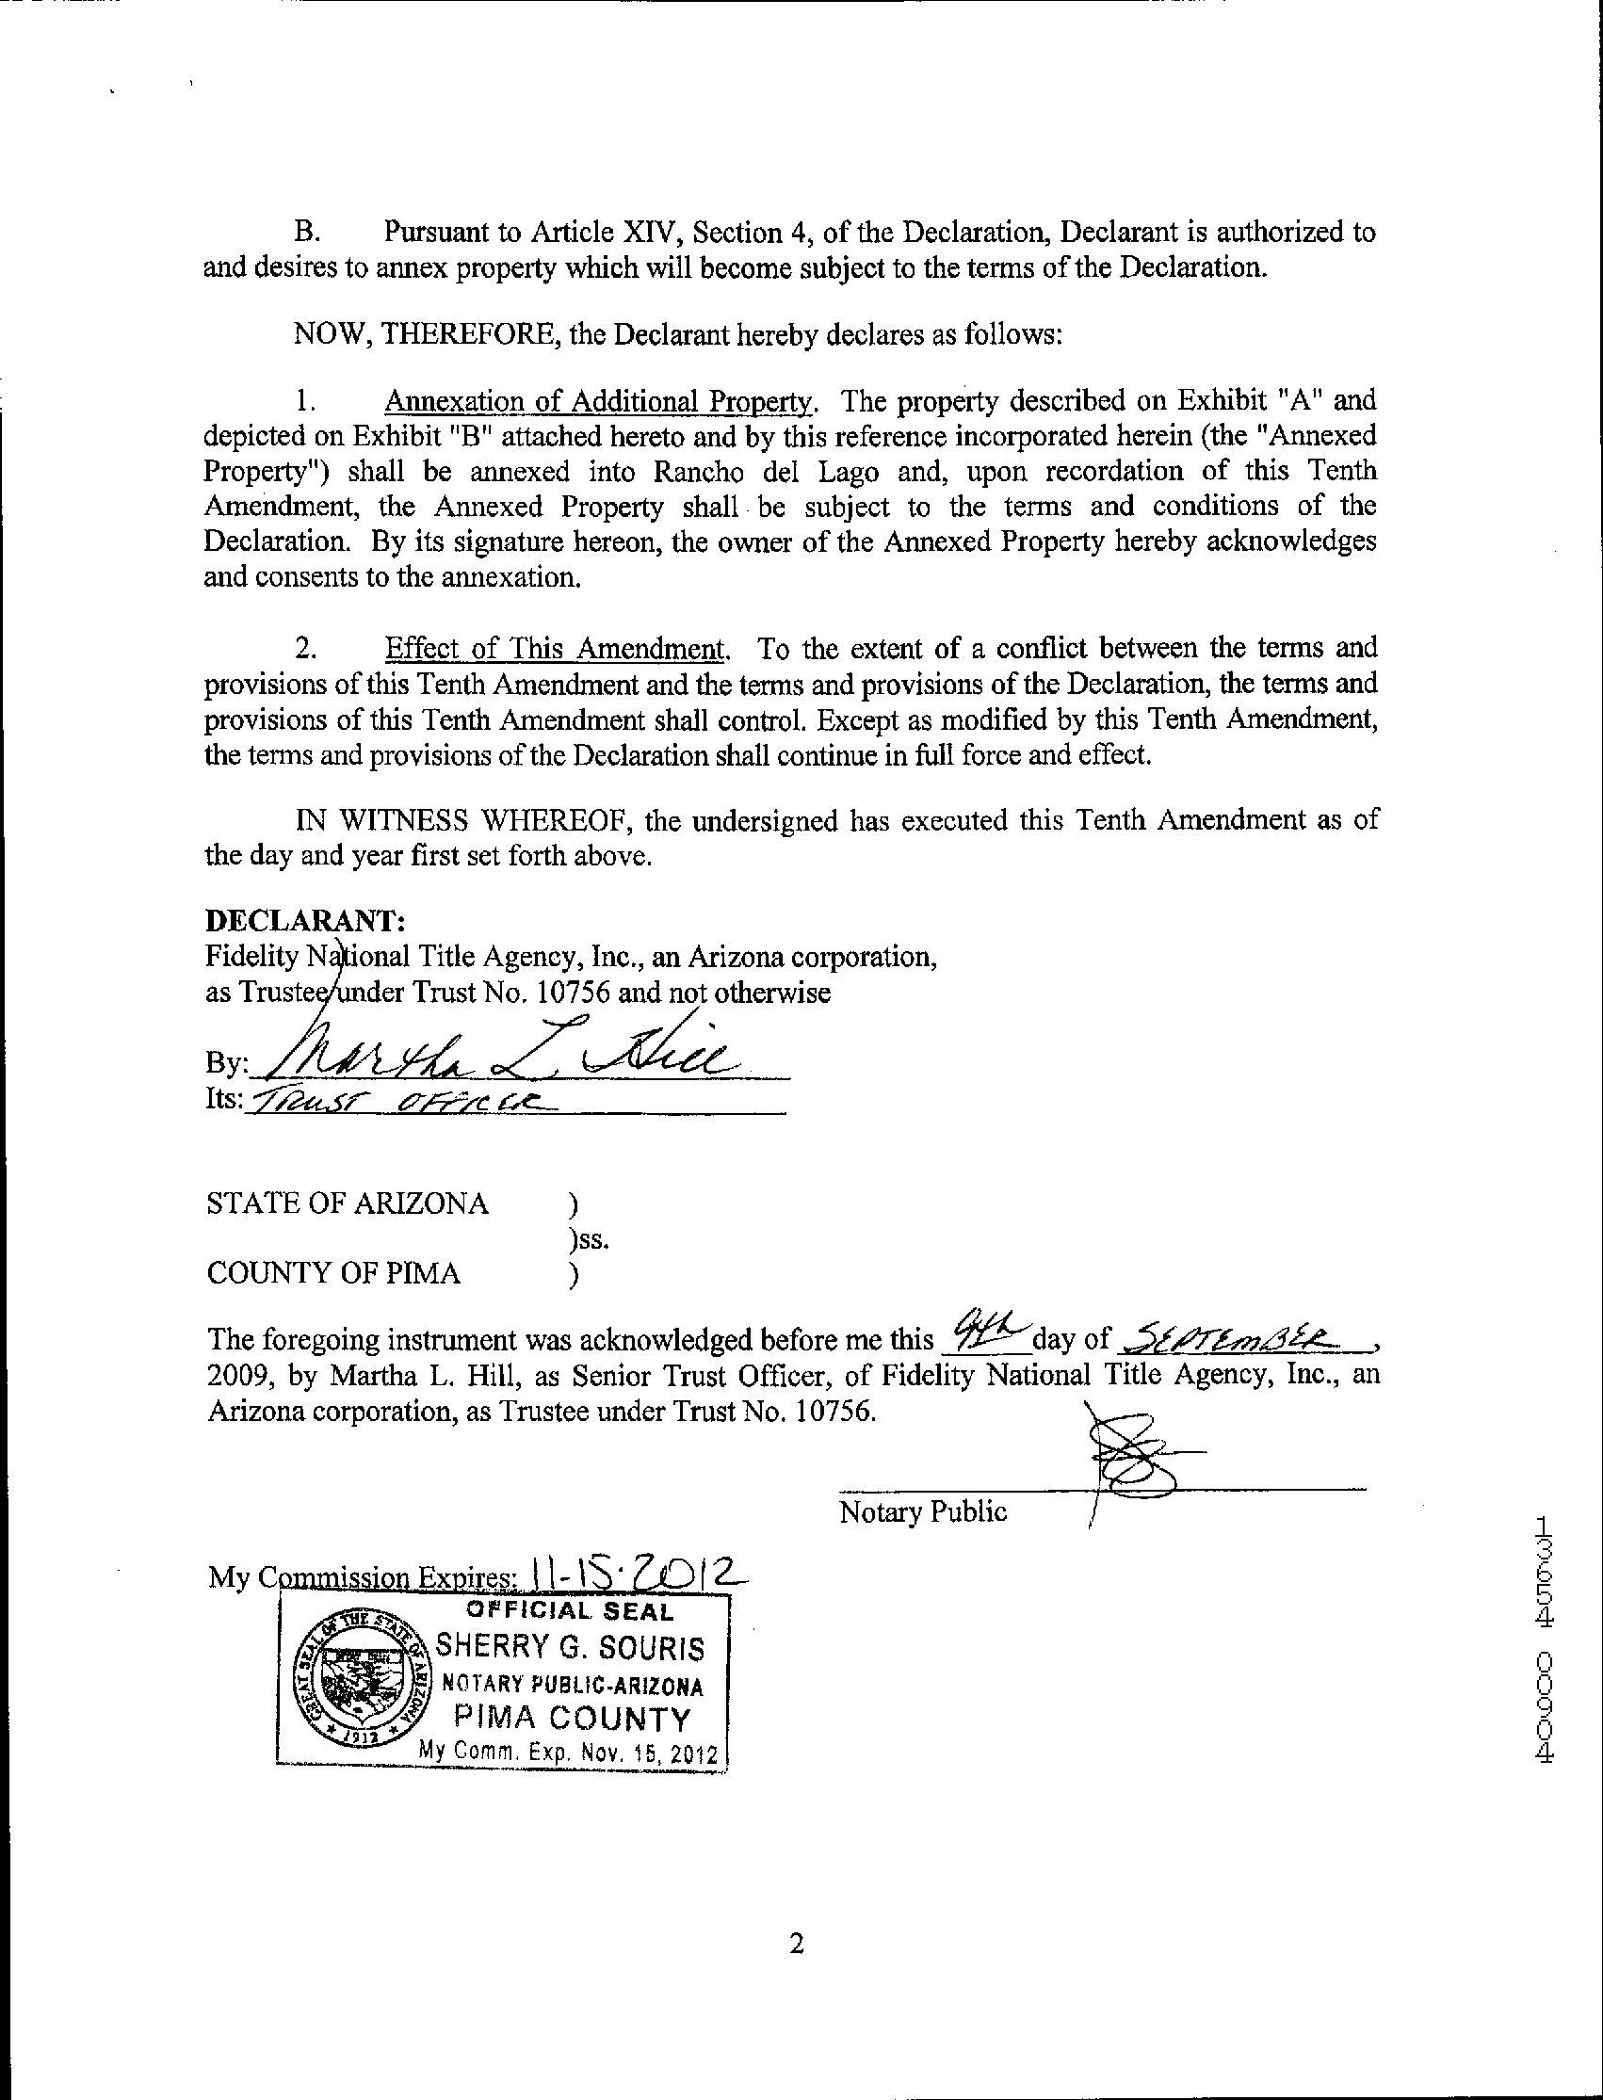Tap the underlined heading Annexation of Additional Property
click(x=598, y=401)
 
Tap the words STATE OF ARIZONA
click(x=348, y=1204)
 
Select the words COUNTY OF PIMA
click(x=334, y=1274)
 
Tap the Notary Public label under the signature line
click(x=923, y=1511)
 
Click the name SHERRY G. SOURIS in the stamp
click(x=570, y=1649)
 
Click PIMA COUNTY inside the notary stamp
click(x=572, y=1720)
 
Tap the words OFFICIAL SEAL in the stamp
click(x=569, y=1611)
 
